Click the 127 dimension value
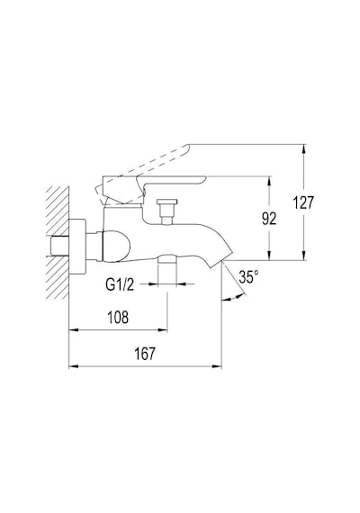303,202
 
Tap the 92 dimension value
269,219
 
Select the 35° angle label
248,277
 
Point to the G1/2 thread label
120,284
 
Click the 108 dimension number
118,317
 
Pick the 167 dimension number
145,354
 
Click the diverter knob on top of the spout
167,211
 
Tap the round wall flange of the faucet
78,246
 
